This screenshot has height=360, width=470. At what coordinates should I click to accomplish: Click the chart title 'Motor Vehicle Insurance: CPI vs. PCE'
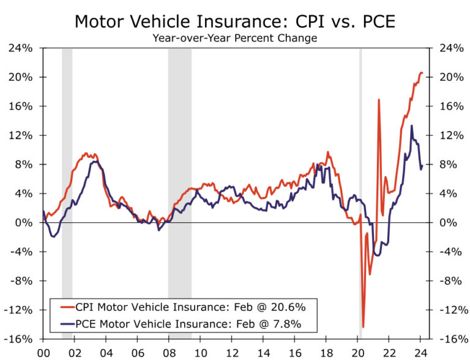(235, 21)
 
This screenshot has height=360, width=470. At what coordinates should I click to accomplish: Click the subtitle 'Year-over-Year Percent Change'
(235, 38)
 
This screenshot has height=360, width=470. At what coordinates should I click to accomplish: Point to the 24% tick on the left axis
(21, 48)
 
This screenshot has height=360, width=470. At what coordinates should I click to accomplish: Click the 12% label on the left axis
(21, 135)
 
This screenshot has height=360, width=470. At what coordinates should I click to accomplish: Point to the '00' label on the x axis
(43, 353)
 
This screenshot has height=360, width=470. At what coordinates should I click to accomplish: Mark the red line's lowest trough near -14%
(363, 327)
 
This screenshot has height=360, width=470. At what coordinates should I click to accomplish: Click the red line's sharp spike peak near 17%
(379, 99)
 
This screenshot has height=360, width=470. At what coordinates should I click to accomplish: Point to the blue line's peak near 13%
(411, 126)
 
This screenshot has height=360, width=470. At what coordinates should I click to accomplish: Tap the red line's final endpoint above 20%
(422, 73)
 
